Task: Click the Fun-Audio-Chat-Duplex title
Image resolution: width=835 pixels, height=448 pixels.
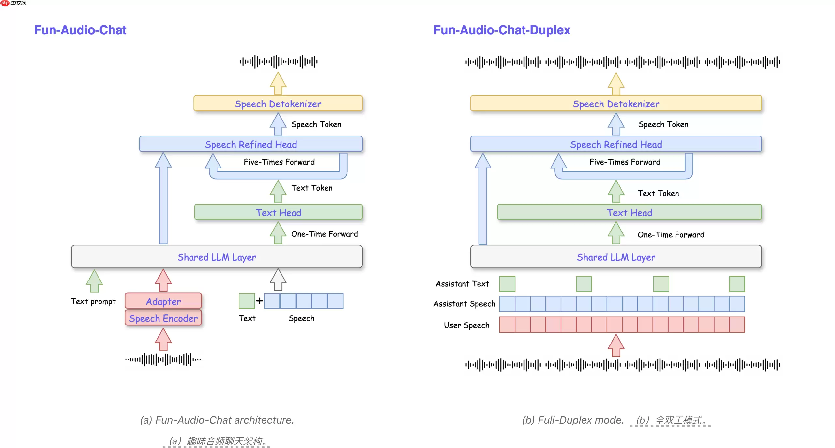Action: [x=501, y=30]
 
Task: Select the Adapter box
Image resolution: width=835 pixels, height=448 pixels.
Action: [x=163, y=301]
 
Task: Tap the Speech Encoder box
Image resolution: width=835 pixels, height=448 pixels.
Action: [x=163, y=318]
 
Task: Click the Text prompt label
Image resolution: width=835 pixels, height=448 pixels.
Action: [x=93, y=301]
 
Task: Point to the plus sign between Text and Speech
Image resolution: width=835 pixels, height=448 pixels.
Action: [x=259, y=301]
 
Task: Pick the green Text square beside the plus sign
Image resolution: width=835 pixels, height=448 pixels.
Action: [x=247, y=301]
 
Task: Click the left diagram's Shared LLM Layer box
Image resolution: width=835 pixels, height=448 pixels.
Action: [x=217, y=257]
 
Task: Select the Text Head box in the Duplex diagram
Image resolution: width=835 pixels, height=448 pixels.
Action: [x=629, y=213]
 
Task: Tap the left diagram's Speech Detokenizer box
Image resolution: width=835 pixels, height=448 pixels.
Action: [x=278, y=104]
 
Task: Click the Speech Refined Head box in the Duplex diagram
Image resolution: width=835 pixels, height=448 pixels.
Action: [x=616, y=144]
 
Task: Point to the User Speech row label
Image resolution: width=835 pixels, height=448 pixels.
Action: [x=466, y=325]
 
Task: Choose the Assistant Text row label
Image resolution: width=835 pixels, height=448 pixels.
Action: [x=462, y=284]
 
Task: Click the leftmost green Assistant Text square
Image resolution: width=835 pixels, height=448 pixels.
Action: [x=507, y=284]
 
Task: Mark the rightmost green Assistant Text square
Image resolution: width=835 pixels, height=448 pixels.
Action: [x=737, y=284]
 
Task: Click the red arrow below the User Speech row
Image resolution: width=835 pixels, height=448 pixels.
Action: [x=616, y=345]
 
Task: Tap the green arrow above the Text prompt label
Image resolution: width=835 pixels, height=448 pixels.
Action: [x=94, y=281]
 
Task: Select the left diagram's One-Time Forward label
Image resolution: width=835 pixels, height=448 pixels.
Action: [x=324, y=234]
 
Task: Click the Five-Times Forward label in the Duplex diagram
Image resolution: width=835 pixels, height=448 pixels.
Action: [x=625, y=162]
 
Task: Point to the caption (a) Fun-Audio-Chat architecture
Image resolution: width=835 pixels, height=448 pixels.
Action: [x=217, y=420]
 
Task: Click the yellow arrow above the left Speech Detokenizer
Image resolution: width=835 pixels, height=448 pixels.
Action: [x=278, y=84]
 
